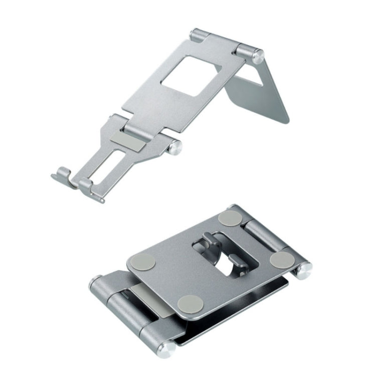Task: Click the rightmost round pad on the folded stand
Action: (x=282, y=259)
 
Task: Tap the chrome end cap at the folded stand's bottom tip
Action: (x=166, y=347)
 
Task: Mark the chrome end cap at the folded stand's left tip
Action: (x=93, y=285)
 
